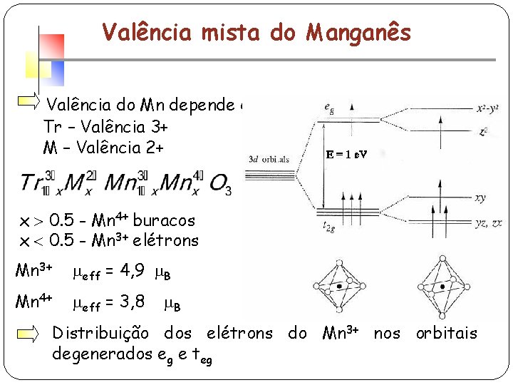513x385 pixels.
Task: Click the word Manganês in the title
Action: [359, 32]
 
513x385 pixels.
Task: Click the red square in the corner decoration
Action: [52, 46]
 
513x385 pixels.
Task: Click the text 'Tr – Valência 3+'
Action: [105, 128]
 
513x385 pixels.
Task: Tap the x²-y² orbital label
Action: [489, 109]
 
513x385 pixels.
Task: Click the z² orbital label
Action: [484, 132]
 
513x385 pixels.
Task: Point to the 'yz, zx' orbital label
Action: [488, 223]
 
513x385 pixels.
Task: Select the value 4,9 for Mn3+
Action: [133, 270]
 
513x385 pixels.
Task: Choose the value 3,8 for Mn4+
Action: [133, 302]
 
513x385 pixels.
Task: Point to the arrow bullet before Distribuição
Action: [30, 334]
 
